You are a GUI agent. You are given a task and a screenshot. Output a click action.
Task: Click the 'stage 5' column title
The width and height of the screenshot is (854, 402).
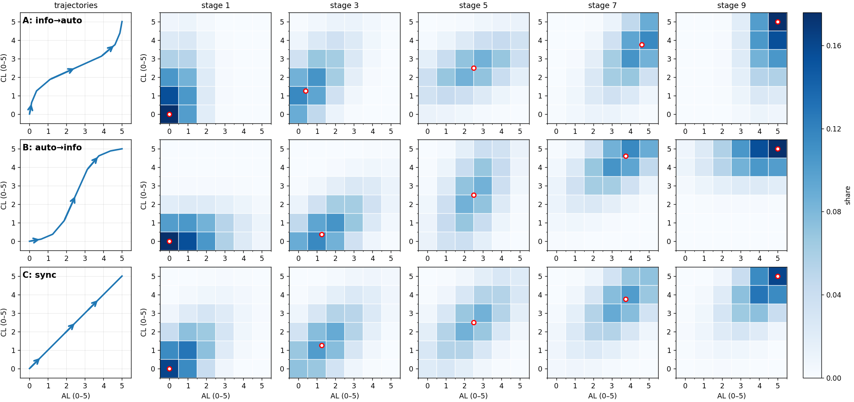[473, 6]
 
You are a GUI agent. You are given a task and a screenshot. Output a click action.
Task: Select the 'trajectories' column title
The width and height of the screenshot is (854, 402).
[76, 6]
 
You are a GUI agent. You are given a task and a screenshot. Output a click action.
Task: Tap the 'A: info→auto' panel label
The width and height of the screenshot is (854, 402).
[52, 21]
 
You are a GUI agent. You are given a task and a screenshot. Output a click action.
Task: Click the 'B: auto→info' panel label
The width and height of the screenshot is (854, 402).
[52, 148]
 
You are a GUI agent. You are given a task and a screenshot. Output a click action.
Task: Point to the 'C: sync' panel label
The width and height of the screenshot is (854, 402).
[39, 275]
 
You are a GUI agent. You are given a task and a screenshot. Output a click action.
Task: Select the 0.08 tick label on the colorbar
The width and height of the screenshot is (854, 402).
[833, 212]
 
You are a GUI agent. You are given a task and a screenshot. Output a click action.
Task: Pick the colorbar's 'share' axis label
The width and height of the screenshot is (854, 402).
[848, 195]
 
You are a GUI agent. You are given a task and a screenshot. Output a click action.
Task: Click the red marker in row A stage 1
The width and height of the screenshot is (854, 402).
[169, 114]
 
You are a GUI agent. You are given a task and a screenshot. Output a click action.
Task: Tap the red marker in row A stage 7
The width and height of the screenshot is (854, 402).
[642, 45]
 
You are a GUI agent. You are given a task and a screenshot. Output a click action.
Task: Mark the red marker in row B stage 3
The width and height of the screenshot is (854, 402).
[322, 234]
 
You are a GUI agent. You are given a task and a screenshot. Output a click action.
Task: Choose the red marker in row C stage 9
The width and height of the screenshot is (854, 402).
[778, 276]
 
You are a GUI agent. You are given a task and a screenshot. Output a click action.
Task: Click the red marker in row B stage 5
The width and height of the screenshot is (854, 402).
[474, 195]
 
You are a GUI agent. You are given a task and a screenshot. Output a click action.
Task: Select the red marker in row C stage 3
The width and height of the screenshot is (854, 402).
[322, 345]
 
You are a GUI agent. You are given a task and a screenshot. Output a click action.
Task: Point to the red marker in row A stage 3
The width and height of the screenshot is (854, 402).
[306, 91]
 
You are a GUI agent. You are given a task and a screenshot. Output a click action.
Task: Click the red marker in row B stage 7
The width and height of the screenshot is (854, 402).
[626, 156]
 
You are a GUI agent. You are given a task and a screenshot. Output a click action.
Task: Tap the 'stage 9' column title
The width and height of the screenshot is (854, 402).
[731, 6]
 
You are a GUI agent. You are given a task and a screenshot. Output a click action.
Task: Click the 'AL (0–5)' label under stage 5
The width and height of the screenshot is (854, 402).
[473, 396]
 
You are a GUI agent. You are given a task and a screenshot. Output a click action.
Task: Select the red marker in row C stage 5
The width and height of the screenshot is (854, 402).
[474, 322]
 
